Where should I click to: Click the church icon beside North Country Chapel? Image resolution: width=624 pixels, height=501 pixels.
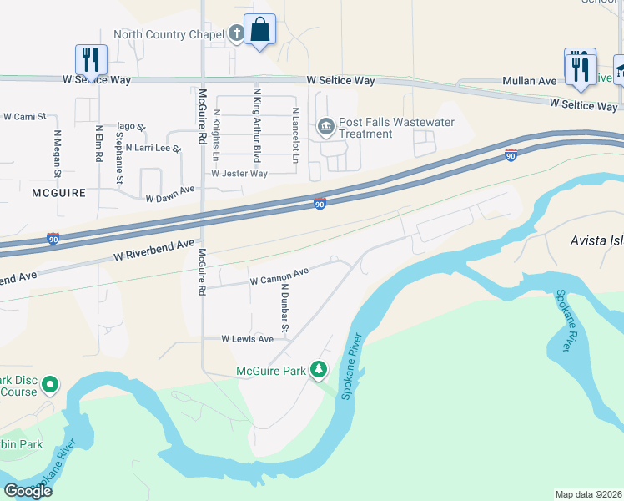pyautogui.click(x=236, y=34)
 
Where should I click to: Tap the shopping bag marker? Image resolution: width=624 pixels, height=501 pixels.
pyautogui.click(x=259, y=30)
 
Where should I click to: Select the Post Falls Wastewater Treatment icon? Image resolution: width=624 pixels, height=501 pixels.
pyautogui.click(x=325, y=128)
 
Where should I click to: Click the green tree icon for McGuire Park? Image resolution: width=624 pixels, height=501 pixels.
pyautogui.click(x=318, y=369)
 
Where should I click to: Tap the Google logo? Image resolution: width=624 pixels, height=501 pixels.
pyautogui.click(x=28, y=491)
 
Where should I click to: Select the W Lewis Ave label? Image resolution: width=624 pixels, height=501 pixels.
pyautogui.click(x=247, y=339)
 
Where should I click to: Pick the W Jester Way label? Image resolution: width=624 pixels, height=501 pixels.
pyautogui.click(x=239, y=174)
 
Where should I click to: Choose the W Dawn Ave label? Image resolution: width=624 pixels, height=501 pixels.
pyautogui.click(x=169, y=199)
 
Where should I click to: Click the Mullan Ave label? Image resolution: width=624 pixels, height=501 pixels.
pyautogui.click(x=529, y=81)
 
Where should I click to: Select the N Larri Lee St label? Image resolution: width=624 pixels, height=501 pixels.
pyautogui.click(x=153, y=148)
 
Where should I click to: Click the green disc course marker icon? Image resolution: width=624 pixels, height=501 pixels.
pyautogui.click(x=49, y=385)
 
